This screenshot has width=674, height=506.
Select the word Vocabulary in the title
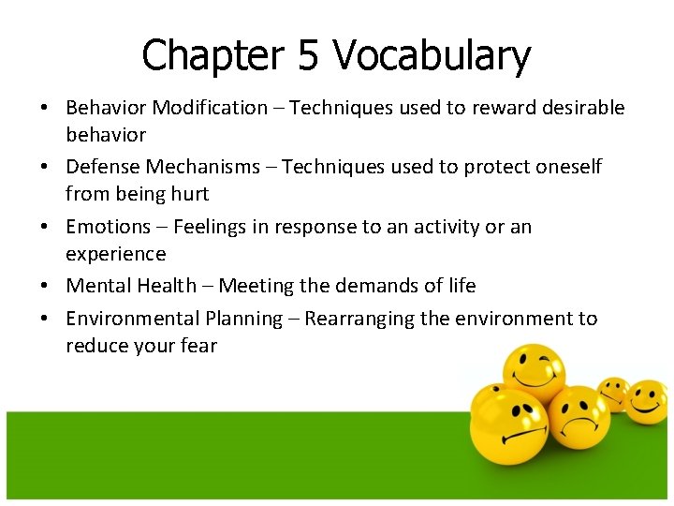(x=432, y=56)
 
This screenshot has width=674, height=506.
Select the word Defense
(x=100, y=167)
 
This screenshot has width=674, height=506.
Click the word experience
(x=115, y=254)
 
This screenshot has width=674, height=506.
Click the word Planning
(x=248, y=319)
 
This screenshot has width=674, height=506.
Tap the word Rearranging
(x=359, y=319)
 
